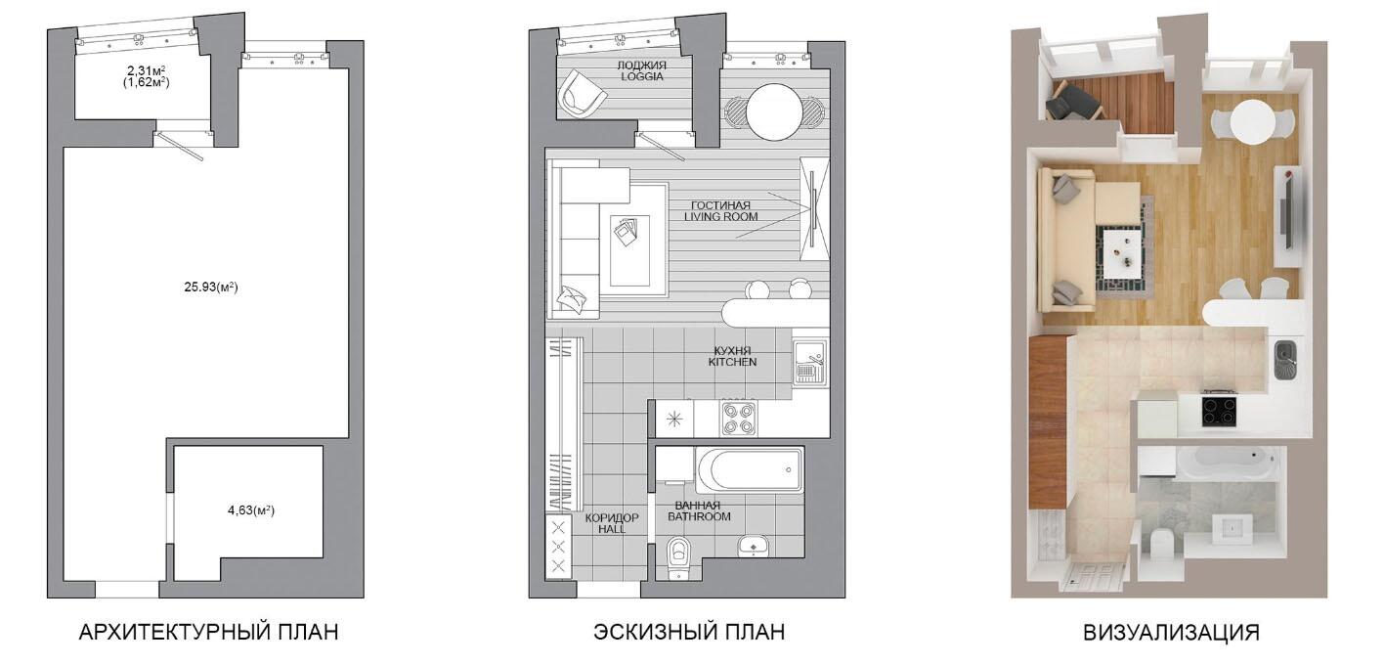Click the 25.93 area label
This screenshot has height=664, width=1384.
[x=211, y=287]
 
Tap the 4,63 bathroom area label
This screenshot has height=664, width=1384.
[x=251, y=510]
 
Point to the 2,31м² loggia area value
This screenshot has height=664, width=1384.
[x=146, y=70]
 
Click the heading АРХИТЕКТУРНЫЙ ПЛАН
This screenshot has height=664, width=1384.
[x=208, y=632]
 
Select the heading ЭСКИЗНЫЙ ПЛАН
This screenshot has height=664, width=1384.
[x=689, y=632]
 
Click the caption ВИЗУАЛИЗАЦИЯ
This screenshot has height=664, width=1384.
[x=1171, y=633]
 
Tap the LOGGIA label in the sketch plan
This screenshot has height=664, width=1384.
[x=642, y=76]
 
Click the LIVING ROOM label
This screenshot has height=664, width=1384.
[x=720, y=217]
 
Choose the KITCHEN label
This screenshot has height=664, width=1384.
[x=732, y=362]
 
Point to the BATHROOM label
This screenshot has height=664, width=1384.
[x=699, y=516]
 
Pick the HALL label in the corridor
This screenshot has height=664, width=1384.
[x=612, y=529]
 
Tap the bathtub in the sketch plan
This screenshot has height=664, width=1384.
[x=749, y=469]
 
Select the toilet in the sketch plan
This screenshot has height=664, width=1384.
[x=678, y=556]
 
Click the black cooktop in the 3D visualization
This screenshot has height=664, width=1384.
[x=1219, y=411]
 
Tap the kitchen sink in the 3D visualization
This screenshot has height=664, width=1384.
[x=1285, y=361]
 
